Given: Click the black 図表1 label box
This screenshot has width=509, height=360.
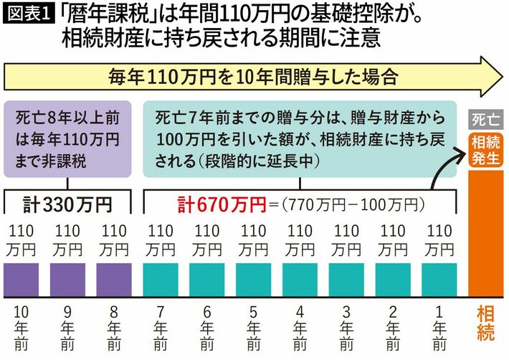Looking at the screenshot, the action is point(29,14).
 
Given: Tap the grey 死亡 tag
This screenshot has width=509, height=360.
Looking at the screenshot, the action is point(485,120).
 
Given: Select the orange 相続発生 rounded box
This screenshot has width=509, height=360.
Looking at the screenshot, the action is point(485,151).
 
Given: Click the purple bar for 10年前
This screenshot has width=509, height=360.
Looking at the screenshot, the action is point(21,280).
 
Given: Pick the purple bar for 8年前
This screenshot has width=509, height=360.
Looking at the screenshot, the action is point(114,280).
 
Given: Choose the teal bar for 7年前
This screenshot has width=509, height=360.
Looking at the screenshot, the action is point(161,280).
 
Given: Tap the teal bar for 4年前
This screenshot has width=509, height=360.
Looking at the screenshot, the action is point(300,280).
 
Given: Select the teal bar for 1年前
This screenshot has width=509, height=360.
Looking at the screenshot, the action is point(439,280).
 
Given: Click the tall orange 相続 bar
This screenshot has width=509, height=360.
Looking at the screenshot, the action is point(485,234).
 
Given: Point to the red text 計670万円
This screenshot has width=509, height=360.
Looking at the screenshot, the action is point(222,205).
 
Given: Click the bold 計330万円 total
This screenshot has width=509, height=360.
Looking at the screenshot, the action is point(67,205).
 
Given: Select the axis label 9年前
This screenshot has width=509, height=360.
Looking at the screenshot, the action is point(67,328).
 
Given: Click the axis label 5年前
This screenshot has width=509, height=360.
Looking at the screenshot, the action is point(253,328).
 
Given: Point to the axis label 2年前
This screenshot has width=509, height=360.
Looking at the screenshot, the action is point(393,328).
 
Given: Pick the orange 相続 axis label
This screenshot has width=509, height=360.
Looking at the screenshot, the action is point(485,323).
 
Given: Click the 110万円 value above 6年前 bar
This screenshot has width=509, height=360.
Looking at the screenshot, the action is point(206,240).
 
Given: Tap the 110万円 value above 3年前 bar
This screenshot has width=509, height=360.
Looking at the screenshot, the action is point(346,240).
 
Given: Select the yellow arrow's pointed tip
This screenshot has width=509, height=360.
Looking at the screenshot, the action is point(503,77).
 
